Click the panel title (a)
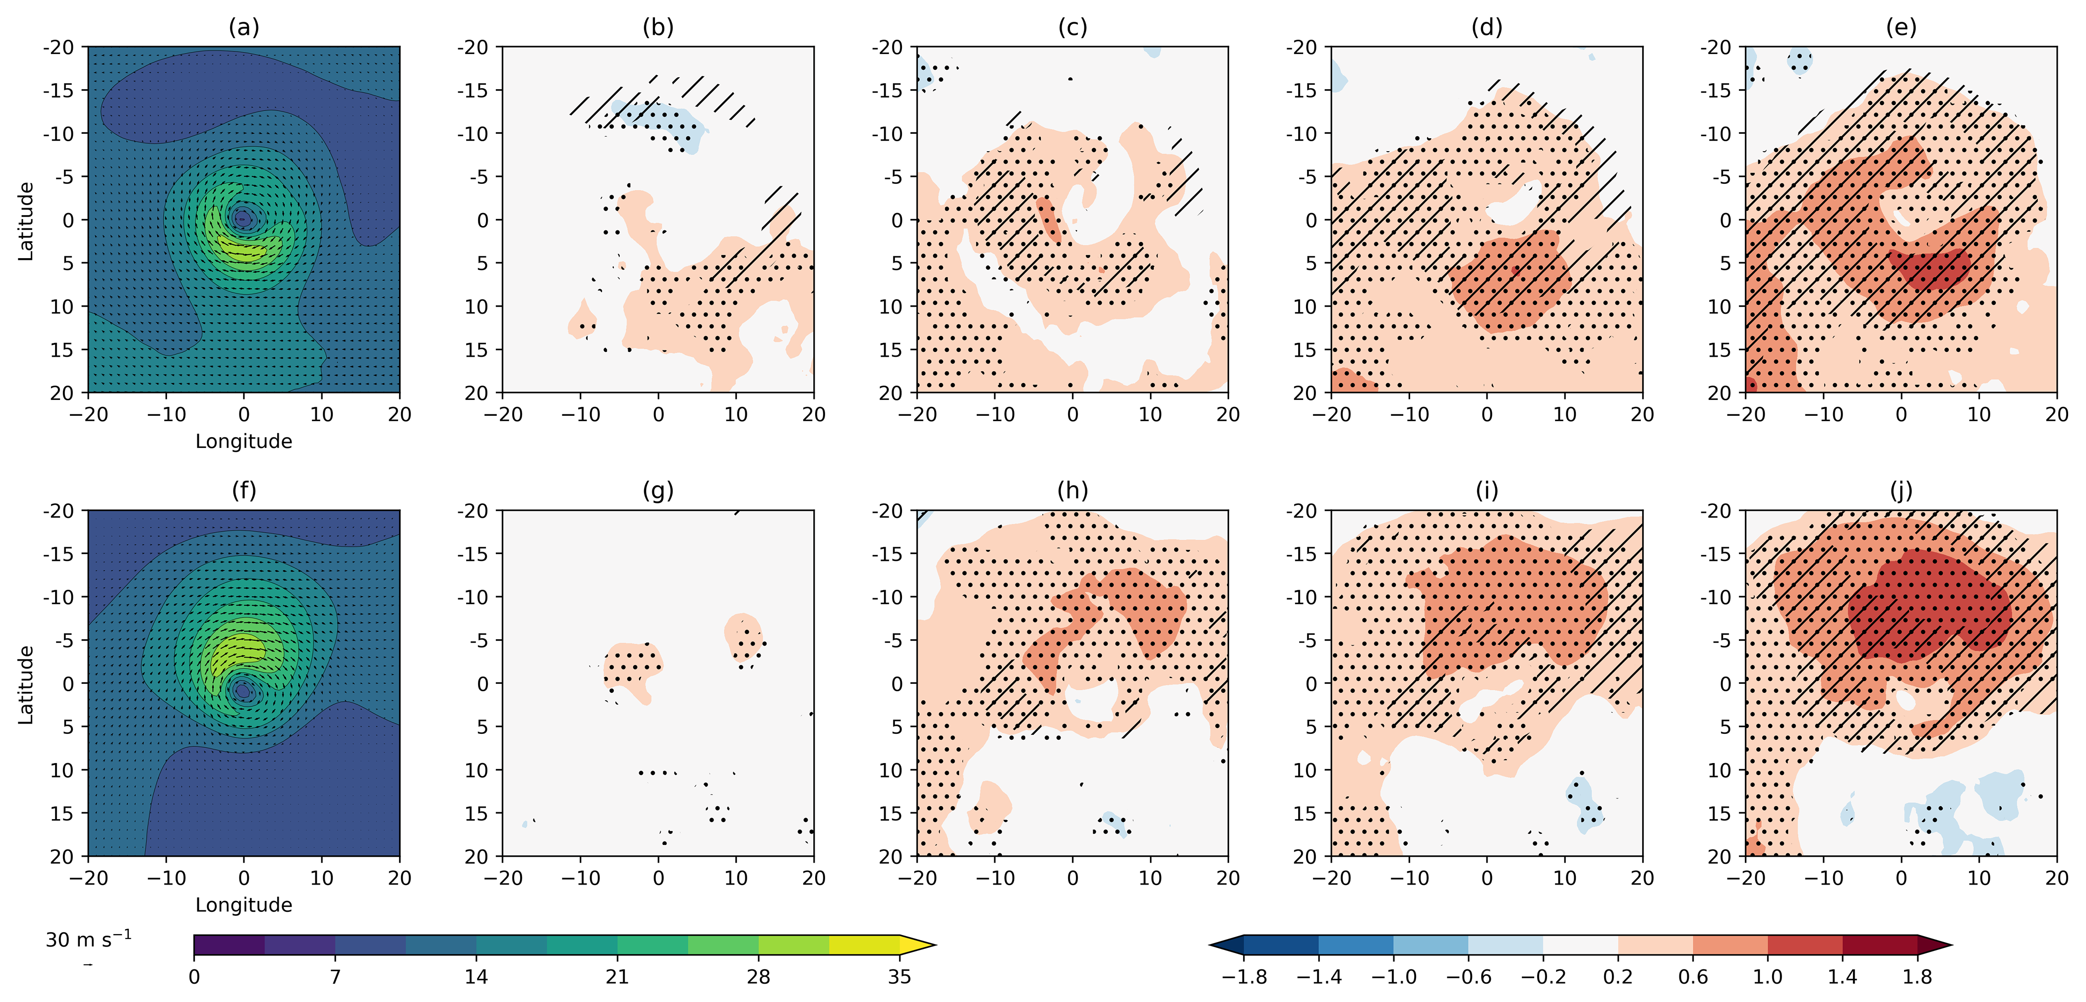click(x=244, y=28)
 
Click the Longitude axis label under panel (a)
click(x=244, y=441)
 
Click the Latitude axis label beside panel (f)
click(x=26, y=684)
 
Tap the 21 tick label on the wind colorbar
click(x=617, y=977)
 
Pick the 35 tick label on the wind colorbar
click(x=899, y=977)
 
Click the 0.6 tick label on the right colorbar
click(x=1692, y=977)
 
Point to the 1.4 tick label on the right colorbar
click(x=1842, y=977)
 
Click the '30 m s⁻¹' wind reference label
click(x=87, y=940)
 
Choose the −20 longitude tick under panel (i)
click(x=1331, y=878)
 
